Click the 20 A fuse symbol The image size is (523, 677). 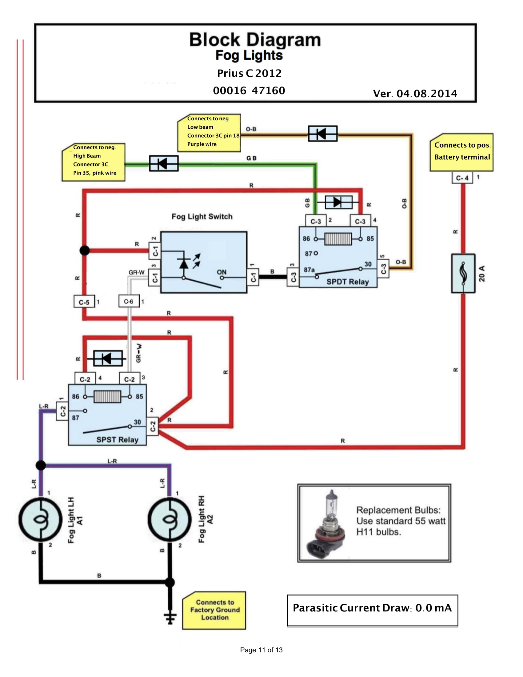pos(463,273)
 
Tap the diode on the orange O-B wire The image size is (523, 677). pos(322,134)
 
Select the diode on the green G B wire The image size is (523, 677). pos(164,163)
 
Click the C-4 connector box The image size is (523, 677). pos(462,178)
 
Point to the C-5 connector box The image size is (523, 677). pos(84,302)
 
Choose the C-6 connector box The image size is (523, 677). pos(129,301)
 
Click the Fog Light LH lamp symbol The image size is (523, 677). pos(41,519)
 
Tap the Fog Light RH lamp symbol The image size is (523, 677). pos(170,519)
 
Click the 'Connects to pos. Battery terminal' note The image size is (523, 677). pos(462,152)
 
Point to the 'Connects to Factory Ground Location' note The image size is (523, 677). pos(214,610)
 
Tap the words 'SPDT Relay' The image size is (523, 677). pos(348,282)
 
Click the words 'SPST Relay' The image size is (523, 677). pos(118,439)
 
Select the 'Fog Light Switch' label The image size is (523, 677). pos(202,216)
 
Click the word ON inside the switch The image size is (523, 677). pos(222,272)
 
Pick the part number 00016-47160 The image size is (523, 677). pos(249,90)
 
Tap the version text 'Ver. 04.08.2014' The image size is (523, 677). pos(415,94)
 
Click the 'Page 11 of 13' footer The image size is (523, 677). pos(261,650)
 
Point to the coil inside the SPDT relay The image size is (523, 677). pos(338,239)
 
